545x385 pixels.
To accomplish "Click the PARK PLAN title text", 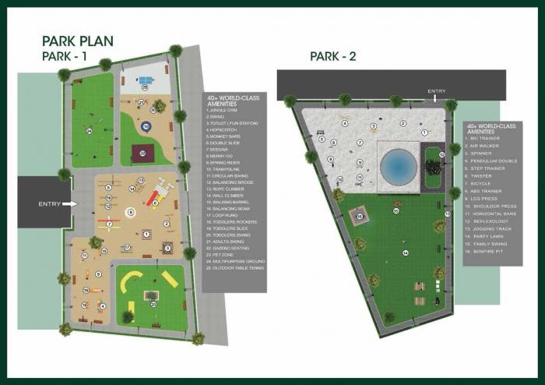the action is pyautogui.click(x=77, y=42).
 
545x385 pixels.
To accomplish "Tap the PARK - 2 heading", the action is pyautogui.click(x=332, y=56).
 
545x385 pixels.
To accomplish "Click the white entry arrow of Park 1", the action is pyautogui.click(x=72, y=204).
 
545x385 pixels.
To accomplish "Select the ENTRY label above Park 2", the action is pyautogui.click(x=437, y=92).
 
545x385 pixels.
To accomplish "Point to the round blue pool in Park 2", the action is pyautogui.click(x=399, y=165).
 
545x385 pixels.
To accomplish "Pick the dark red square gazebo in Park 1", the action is pyautogui.click(x=142, y=153).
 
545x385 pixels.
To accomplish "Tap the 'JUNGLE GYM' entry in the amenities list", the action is pyautogui.click(x=224, y=110).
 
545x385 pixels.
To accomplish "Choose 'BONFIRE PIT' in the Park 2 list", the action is pyautogui.click(x=487, y=251).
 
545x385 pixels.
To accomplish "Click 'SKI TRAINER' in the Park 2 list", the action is pyautogui.click(x=486, y=138).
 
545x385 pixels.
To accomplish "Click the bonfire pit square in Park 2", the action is pyautogui.click(x=359, y=216).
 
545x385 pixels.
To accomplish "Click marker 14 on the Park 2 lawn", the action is pyautogui.click(x=405, y=253).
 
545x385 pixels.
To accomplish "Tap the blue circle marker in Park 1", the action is pyautogui.click(x=144, y=125).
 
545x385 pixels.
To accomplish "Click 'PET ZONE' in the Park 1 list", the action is pyautogui.click(x=220, y=253).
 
